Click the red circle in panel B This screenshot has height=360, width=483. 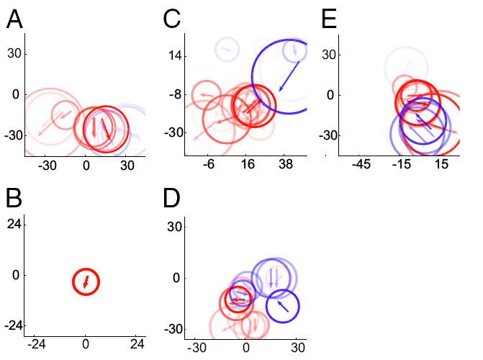coord(86,282)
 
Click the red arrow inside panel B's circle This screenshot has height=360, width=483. coord(86,281)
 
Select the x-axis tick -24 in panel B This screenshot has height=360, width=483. coord(35,344)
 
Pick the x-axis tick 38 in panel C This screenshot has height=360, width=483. coord(285,164)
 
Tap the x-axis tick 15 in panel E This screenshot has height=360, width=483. coord(441,164)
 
